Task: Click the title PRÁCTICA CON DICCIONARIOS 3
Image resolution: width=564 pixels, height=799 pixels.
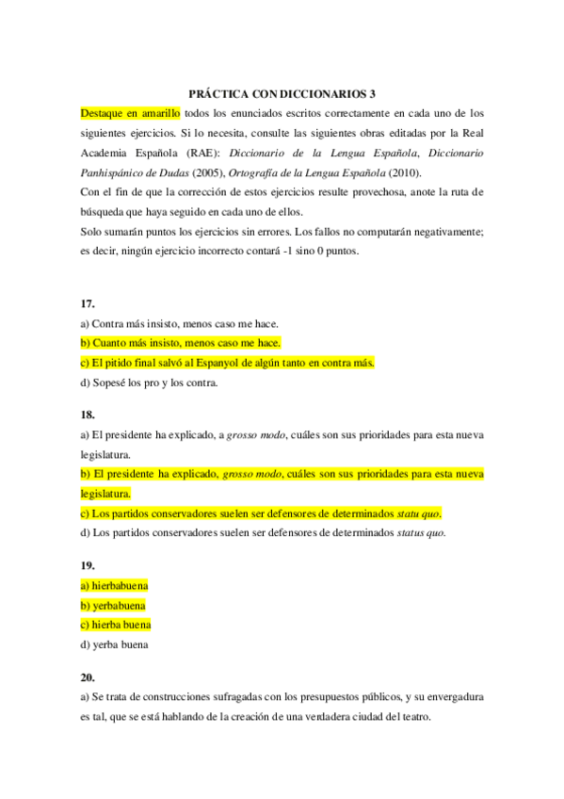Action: (282, 94)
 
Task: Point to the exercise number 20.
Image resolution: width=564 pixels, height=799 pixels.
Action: (87, 677)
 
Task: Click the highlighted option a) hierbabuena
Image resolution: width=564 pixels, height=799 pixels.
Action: (114, 585)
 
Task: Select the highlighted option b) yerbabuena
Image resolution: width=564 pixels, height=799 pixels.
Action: (113, 605)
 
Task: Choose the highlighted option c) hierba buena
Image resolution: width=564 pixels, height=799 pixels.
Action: (116, 625)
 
